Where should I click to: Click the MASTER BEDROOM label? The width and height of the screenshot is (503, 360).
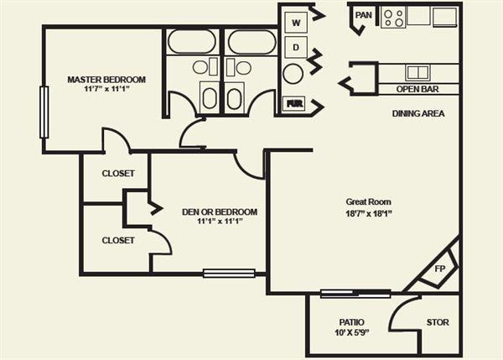106,80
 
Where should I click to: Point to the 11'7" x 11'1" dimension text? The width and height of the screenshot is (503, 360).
106,89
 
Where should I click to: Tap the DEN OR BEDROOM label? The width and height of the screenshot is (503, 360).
220,211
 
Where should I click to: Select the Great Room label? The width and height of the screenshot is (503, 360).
368,201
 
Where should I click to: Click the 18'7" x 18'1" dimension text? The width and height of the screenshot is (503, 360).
368,213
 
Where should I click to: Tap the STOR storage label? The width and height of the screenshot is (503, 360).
438,322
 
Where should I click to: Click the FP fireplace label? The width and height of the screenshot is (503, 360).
439,270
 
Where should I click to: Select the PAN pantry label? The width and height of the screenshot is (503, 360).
363,14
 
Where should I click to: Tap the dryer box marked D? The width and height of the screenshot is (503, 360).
295,47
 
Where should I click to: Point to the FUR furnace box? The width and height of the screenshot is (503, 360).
294,104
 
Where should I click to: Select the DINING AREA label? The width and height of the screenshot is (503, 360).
417,113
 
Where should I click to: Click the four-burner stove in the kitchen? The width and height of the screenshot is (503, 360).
393,17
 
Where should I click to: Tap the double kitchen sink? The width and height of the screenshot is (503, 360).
417,72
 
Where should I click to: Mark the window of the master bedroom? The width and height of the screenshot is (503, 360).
44,112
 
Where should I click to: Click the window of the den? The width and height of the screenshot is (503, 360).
229,273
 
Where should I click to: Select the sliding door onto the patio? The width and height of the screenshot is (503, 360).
355,293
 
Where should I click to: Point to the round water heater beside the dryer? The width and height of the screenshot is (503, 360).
293,74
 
